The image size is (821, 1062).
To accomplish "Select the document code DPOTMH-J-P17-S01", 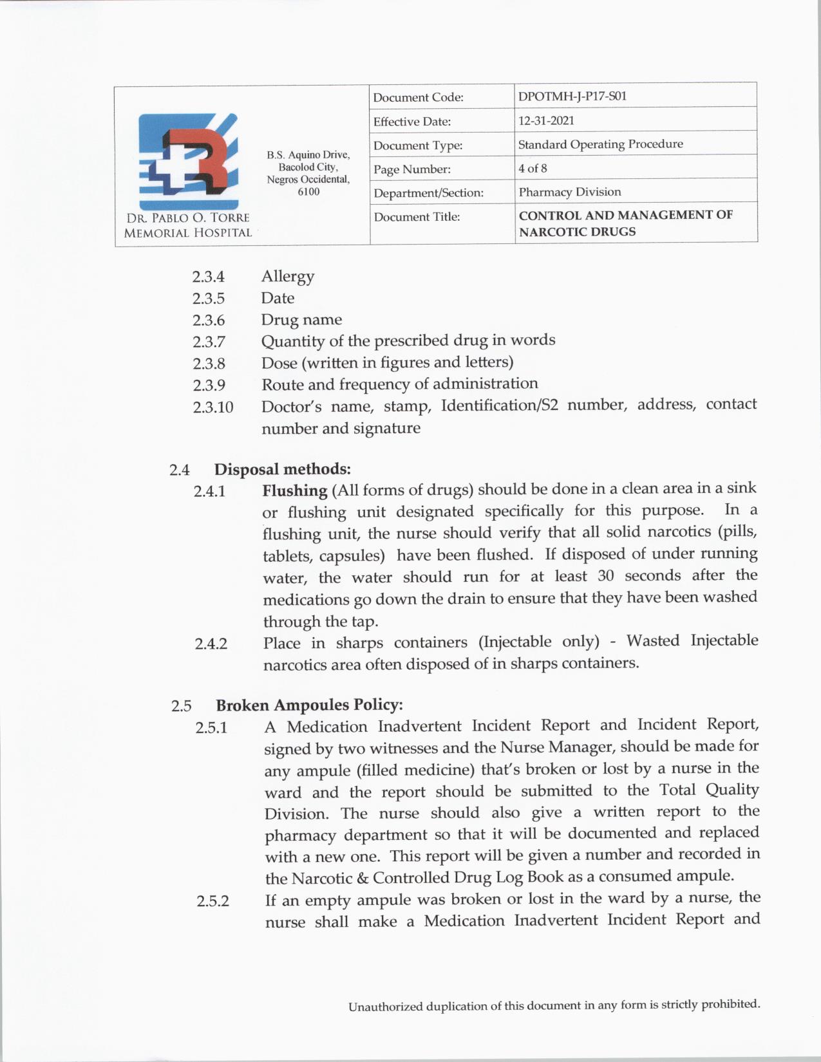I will (572, 97).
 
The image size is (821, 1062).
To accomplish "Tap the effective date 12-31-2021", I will (546, 120).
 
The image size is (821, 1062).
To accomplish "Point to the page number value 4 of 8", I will (533, 169).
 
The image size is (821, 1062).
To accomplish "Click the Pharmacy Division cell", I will (570, 192).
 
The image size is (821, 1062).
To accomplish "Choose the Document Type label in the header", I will (418, 145).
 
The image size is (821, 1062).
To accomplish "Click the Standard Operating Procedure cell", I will (600, 144).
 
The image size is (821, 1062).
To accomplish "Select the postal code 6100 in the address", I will (308, 192).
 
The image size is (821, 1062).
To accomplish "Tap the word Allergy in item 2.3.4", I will (288, 276).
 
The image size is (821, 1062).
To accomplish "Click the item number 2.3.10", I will (212, 407).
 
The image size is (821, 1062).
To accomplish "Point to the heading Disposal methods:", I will (283, 469).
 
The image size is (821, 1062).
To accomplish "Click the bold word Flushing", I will (295, 490).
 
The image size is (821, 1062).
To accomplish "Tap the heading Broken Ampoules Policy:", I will (309, 705).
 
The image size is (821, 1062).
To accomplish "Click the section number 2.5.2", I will (212, 901).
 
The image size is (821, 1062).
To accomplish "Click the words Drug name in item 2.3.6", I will (301, 320).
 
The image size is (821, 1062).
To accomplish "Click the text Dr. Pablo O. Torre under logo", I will (187, 218).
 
